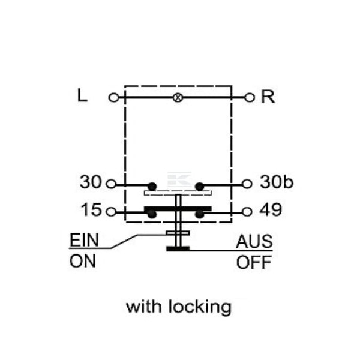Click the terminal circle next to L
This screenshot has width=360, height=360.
[113, 98]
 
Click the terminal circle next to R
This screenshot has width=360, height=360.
[250, 98]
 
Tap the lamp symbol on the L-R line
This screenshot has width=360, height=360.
[178, 98]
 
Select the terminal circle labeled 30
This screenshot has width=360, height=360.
[111, 184]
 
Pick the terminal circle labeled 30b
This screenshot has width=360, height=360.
[247, 184]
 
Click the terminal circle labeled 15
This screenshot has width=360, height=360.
[111, 212]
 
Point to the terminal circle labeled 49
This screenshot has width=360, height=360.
[247, 212]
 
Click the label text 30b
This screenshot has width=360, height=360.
[277, 182]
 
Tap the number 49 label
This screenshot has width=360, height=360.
[271, 209]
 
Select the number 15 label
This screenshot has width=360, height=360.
[91, 209]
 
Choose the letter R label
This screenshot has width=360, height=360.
[268, 97]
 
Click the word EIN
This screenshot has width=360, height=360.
[84, 239]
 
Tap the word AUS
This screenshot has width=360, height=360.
[254, 241]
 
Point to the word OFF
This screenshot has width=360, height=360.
[254, 262]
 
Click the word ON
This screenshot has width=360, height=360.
[82, 261]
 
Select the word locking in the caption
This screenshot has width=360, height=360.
[200, 307]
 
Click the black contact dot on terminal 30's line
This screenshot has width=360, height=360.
[152, 186]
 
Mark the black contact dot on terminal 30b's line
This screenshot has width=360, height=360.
[199, 186]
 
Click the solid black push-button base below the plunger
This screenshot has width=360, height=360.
[178, 248]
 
